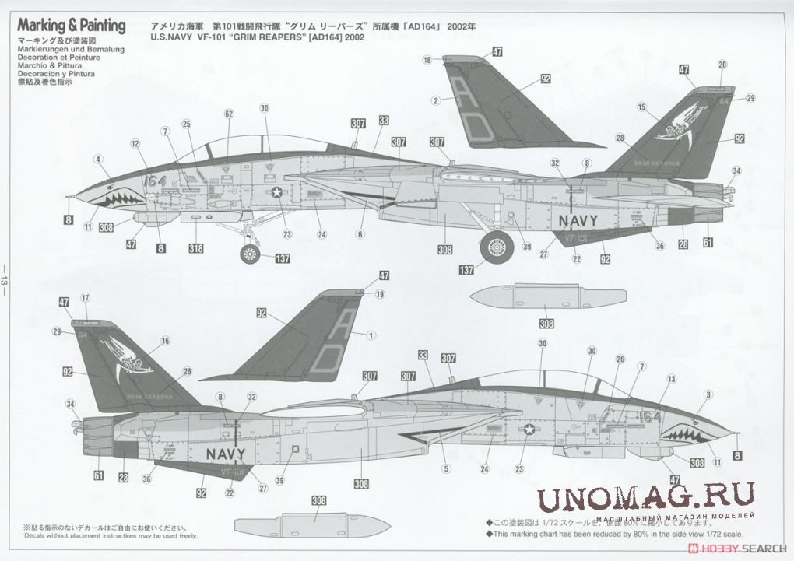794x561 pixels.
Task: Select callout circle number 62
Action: pyautogui.click(x=228, y=114)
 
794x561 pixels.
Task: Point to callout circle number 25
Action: pyautogui.click(x=187, y=124)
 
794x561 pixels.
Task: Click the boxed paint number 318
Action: pyautogui.click(x=195, y=249)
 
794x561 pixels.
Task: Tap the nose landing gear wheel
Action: pyautogui.click(x=250, y=254)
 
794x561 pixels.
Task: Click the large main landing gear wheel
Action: pyautogui.click(x=496, y=247)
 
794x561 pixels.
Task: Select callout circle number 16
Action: pyautogui.click(x=165, y=341)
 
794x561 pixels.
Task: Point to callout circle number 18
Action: pyautogui.click(x=427, y=60)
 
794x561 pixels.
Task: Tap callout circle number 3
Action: pyautogui.click(x=708, y=394)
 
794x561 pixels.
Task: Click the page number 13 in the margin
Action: pyautogui.click(x=5, y=279)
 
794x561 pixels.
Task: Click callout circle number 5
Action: pyautogui.click(x=446, y=468)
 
